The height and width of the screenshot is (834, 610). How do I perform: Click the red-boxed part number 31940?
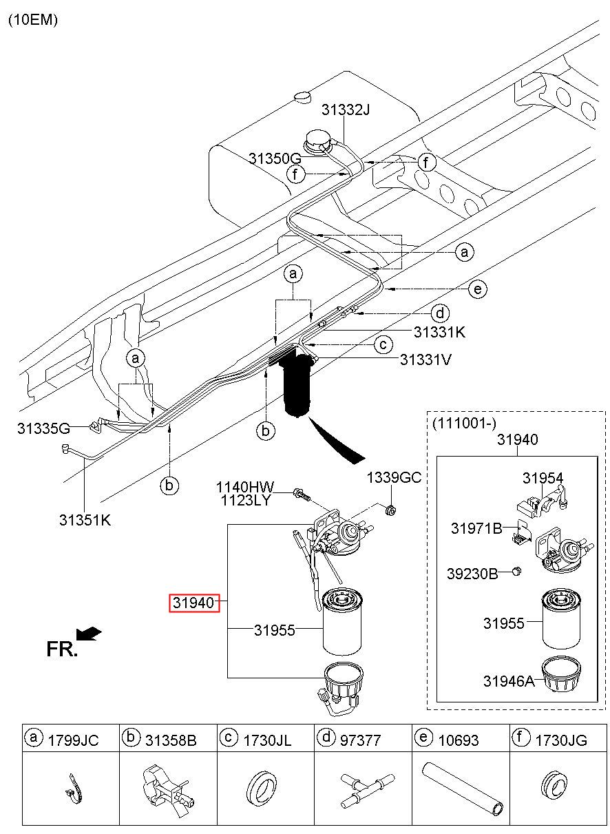click(194, 603)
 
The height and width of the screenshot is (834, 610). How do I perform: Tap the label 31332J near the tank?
click(346, 110)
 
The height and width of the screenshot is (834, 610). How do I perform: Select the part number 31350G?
click(275, 158)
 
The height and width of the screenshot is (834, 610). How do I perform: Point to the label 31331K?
click(439, 332)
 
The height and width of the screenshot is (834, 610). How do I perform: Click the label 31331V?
click(425, 359)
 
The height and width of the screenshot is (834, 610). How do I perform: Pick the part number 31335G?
click(43, 428)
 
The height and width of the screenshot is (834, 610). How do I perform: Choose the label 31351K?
click(85, 520)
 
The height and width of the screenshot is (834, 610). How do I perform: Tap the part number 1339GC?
click(394, 477)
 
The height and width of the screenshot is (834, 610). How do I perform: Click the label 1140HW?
click(245, 487)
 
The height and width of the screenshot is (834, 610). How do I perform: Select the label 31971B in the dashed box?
click(476, 528)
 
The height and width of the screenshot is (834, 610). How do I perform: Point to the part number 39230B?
click(472, 574)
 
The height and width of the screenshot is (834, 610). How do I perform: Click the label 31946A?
click(509, 681)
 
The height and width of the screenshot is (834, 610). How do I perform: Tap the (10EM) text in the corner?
click(33, 19)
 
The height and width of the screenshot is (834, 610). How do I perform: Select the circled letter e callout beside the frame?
click(478, 289)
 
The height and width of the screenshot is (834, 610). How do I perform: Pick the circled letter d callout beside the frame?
click(439, 313)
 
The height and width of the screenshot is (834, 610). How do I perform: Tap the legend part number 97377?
click(360, 740)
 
